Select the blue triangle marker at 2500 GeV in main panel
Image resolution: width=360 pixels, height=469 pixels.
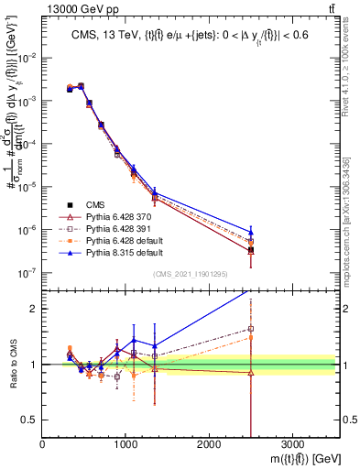[x=251, y=231]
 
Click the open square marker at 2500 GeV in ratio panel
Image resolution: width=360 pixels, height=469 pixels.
[x=251, y=328]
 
